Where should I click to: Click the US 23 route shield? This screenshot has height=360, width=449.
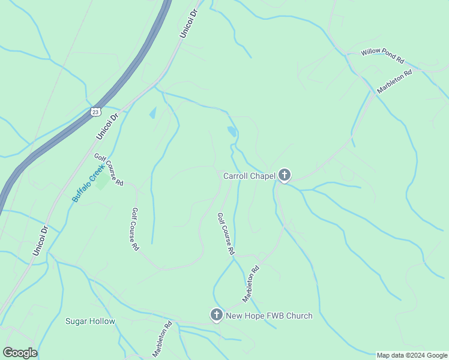pos(95,112)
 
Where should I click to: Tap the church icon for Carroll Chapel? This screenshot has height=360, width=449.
pos(284,175)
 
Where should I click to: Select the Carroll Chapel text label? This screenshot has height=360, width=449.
pos(249,176)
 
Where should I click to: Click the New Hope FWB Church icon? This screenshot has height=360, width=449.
pos(217,315)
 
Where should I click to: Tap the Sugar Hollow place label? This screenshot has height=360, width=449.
pos(90,321)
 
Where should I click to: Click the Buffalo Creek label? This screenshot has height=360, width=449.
pos(88,184)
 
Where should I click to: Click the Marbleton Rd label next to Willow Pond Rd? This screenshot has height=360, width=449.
pos(394,82)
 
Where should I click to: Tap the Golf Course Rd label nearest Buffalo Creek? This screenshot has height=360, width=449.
pos(108,169)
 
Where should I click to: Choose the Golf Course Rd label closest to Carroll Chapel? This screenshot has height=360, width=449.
pos(225,234)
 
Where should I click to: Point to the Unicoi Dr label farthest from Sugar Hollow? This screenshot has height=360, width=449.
pos(188,24)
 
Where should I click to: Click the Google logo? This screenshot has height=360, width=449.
pos(20,353)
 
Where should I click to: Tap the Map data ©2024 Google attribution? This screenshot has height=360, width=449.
pos(412,355)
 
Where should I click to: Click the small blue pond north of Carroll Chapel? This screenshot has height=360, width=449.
pos(232,131)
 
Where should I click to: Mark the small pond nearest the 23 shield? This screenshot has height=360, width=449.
pos(152,113)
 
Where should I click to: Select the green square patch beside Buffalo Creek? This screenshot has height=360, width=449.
pos(102,181)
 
